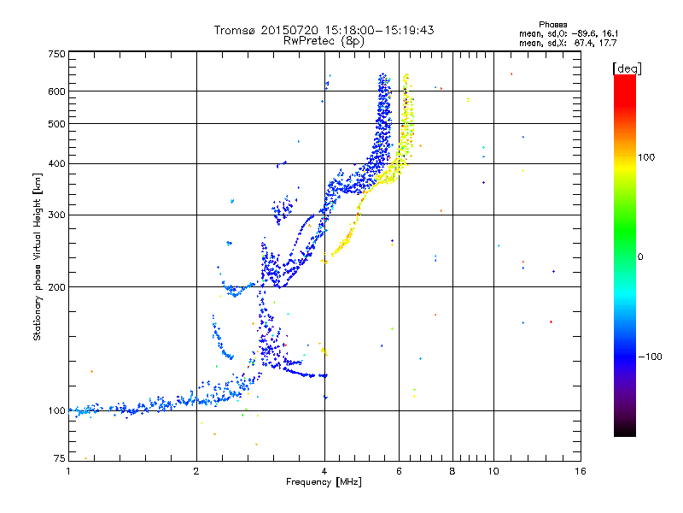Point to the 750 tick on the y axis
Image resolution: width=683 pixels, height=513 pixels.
point(56,53)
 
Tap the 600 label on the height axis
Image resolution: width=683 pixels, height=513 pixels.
point(56,91)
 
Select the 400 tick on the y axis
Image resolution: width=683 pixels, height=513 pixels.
point(56,163)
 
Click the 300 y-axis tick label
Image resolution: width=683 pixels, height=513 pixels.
point(56,215)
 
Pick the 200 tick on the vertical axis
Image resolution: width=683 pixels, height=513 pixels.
point(56,286)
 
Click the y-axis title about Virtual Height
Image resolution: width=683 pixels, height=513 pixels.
point(38,256)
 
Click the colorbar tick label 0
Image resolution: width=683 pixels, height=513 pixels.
point(640,256)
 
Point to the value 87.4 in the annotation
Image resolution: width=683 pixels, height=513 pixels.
point(584,42)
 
